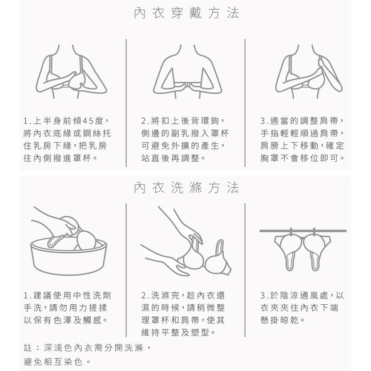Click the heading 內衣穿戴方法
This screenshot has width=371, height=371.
tap(187, 13)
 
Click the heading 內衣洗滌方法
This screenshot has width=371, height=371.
tap(187, 188)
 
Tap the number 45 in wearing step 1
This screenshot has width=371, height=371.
tap(88, 121)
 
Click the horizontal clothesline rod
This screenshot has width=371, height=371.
tap(303, 231)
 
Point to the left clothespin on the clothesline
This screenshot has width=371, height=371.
tap(291, 232)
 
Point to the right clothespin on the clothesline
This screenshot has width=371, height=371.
tap(314, 232)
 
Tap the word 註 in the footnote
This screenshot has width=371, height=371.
tap(28, 348)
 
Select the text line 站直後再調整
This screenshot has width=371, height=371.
tap(170, 158)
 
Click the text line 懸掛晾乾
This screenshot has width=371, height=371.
tap(280, 320)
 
